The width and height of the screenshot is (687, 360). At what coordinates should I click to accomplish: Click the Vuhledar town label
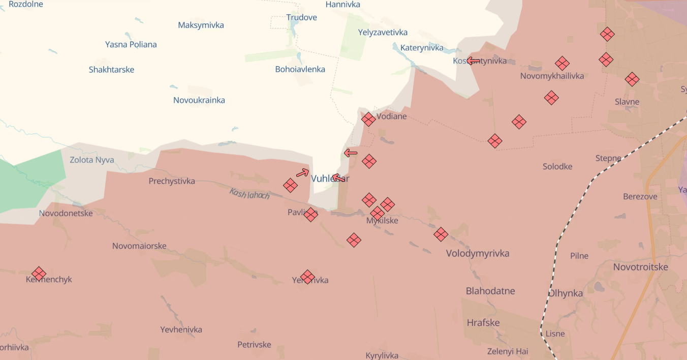[x=330, y=178]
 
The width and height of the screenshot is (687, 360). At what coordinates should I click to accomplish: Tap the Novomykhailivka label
[x=552, y=76]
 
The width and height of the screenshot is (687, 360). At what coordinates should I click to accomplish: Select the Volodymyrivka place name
[x=477, y=253]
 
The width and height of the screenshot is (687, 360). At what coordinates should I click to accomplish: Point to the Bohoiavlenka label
[x=300, y=69]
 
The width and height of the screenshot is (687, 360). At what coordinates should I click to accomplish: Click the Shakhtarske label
[x=111, y=70]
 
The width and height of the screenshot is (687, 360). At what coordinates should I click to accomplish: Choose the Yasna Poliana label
[x=131, y=44]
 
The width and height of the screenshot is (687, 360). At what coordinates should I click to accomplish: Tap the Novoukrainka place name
[x=199, y=100]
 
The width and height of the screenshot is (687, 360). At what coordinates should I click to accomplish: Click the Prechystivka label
[x=172, y=181]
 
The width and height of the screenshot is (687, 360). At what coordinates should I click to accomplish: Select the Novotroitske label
[x=640, y=267]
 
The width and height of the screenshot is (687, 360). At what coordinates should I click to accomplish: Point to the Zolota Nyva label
[x=91, y=160]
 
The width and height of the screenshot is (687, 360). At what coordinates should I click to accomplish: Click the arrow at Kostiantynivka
[x=474, y=61]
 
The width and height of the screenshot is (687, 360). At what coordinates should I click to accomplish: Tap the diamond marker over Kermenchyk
[x=39, y=274]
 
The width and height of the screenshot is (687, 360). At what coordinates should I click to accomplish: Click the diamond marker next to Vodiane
[x=368, y=119]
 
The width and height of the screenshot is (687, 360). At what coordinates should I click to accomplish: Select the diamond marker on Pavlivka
[x=310, y=215]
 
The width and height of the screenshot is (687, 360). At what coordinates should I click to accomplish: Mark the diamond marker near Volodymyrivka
[x=441, y=234]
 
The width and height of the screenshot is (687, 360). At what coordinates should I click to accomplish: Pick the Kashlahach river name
[x=249, y=194]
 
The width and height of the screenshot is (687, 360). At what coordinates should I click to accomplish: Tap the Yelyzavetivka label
[x=383, y=33]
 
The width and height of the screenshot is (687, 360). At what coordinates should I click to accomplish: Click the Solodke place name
[x=557, y=167]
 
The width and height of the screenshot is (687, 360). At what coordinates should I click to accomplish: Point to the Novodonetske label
[x=66, y=214]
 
